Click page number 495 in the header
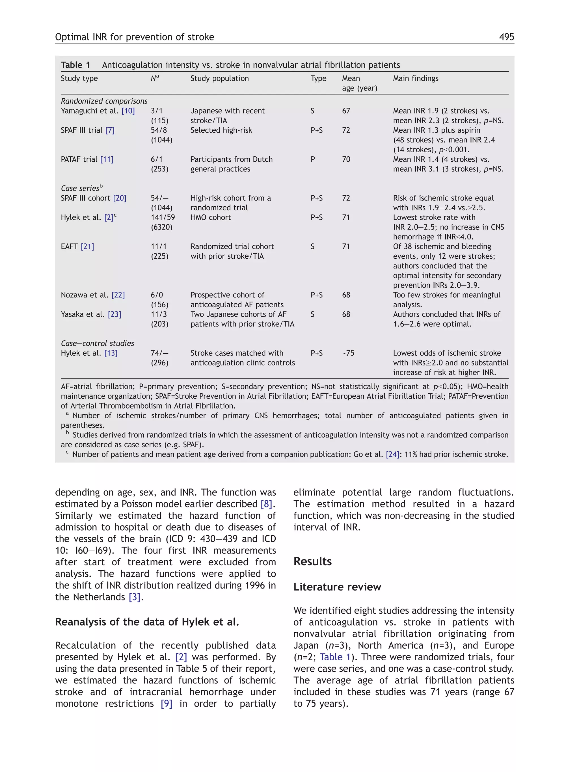click(506, 37)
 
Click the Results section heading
click(312, 562)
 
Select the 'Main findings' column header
click(415, 79)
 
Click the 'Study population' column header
click(219, 79)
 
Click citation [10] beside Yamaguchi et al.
click(128, 111)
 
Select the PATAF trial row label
click(79, 159)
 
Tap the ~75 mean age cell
click(348, 353)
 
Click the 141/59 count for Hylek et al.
click(163, 217)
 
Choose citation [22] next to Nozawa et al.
click(118, 295)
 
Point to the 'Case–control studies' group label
click(97, 343)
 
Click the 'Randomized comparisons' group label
click(104, 101)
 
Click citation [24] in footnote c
click(392, 454)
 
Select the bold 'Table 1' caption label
click(75, 65)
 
